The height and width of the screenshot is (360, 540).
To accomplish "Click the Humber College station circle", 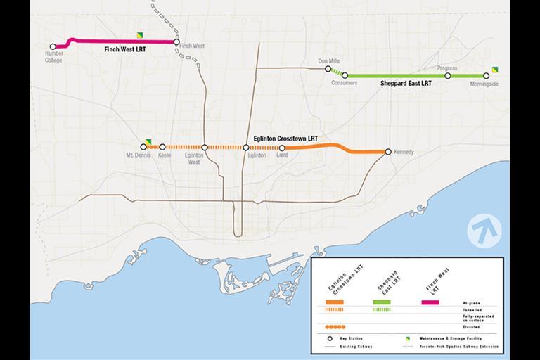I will click(53, 47).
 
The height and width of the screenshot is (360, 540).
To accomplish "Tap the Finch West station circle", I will click(176, 41).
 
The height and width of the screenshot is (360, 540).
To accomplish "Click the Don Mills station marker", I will click(328, 68).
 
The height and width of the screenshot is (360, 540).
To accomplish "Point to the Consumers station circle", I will click(345, 75).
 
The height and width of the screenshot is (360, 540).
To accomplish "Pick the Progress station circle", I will click(447, 75).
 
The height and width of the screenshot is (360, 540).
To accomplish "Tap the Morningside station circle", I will click(486, 76).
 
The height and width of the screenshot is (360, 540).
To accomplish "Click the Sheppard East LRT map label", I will click(406, 84).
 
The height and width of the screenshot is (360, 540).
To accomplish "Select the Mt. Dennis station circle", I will click(143, 147).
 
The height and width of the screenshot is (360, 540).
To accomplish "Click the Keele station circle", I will click(162, 147).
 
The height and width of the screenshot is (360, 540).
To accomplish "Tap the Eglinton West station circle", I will click(205, 148).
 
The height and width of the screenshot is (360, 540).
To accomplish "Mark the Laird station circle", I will click(282, 148).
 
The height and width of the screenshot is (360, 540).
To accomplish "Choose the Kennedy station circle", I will click(388, 152).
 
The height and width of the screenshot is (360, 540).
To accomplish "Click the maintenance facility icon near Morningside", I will click(495, 69).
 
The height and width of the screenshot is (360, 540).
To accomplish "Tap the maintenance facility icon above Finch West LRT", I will click(141, 34).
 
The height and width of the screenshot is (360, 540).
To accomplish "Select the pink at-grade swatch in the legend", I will click(430, 302).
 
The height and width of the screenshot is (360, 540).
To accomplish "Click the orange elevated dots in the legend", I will click(335, 327).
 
